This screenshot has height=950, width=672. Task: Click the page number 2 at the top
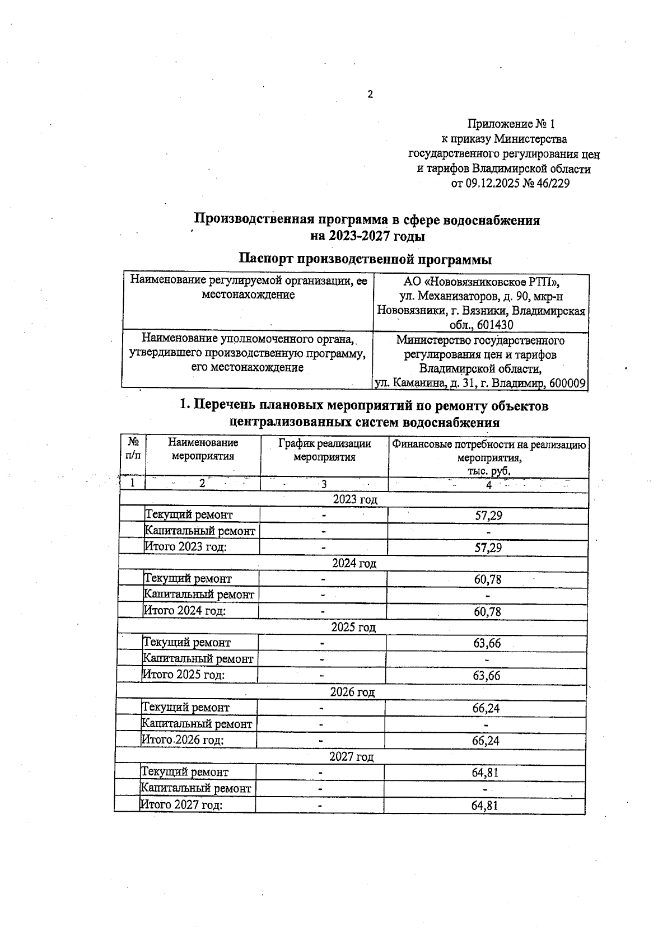tap(370, 95)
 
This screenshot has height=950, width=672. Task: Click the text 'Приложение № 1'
tap(511, 124)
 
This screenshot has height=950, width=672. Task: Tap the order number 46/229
tap(553, 184)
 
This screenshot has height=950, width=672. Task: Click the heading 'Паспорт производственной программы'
tap(365, 259)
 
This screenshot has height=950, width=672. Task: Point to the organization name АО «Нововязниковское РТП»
tap(481, 282)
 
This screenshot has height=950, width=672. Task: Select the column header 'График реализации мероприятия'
tap(324, 450)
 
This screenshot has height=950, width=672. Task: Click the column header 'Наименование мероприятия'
tap(203, 450)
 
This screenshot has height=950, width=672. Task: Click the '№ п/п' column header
tap(133, 448)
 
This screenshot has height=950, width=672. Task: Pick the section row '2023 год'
tap(355, 499)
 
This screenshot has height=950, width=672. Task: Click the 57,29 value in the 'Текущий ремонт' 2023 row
tap(488, 516)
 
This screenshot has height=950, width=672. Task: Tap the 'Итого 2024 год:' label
tap(185, 611)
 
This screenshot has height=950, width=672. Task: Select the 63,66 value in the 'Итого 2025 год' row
tap(486, 676)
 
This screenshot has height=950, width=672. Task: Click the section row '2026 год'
tap(352, 692)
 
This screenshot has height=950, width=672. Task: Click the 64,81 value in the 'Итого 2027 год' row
tap(484, 806)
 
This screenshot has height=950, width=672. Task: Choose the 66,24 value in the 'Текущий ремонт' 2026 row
tap(486, 708)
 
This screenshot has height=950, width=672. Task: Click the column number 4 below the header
tap(488, 485)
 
